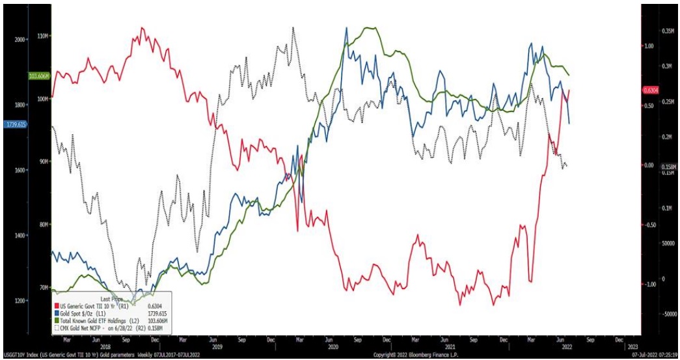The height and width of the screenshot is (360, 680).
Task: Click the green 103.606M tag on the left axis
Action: pyautogui.click(x=38, y=76)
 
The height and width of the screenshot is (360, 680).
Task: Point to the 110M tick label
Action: pyautogui.click(x=44, y=35)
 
